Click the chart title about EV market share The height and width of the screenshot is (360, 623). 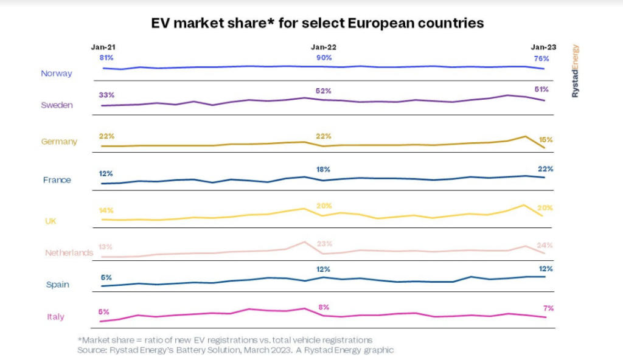coord(317,23)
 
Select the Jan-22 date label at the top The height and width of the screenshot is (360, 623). coord(324,47)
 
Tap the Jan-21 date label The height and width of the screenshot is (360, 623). coord(103,47)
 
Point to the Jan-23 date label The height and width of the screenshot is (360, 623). coord(543,47)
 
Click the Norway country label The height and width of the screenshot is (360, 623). coord(57,74)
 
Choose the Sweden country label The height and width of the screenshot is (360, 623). coord(57,105)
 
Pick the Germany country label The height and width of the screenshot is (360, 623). coord(59,142)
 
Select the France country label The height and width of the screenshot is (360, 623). coord(57,180)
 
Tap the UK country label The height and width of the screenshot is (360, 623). coord(51,221)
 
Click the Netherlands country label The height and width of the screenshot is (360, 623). coord(69,252)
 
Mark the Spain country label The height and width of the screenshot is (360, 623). coord(58,284)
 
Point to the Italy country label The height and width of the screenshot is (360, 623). coord(55,317)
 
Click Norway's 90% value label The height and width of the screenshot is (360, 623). coord(324,58)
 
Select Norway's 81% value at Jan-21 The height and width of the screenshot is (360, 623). coord(106,58)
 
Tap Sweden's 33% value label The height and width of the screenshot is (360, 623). coord(106,95)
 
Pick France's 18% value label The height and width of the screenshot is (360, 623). coord(323,169)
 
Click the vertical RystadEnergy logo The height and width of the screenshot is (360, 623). coord(576,71)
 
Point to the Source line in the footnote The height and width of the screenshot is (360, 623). coord(235,350)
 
